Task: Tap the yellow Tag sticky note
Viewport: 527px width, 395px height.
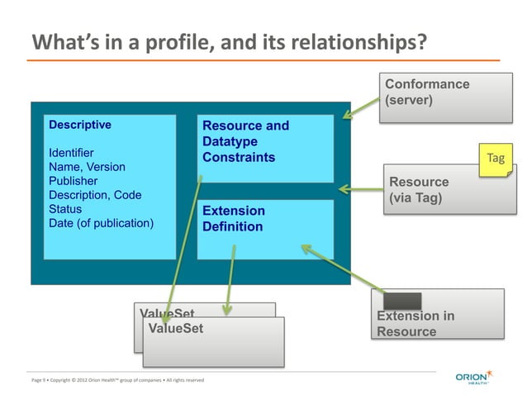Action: (x=495, y=158)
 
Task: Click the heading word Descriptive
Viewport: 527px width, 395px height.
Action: (x=80, y=126)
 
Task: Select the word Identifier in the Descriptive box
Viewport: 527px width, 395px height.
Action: (x=71, y=153)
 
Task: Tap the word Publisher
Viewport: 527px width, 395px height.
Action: (x=74, y=181)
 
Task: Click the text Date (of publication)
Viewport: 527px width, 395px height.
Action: (x=101, y=223)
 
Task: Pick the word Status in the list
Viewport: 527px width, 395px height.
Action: (x=65, y=209)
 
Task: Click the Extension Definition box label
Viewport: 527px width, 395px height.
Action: (x=234, y=219)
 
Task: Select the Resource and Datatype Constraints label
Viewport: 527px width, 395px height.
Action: (x=245, y=141)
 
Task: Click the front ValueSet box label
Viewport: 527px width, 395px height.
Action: (x=175, y=329)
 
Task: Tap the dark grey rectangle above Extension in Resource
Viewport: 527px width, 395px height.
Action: (x=402, y=301)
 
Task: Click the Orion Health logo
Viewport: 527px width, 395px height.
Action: (x=477, y=377)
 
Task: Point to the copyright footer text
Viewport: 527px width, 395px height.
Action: (x=116, y=380)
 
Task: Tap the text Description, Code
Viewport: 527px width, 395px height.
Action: (x=95, y=195)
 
